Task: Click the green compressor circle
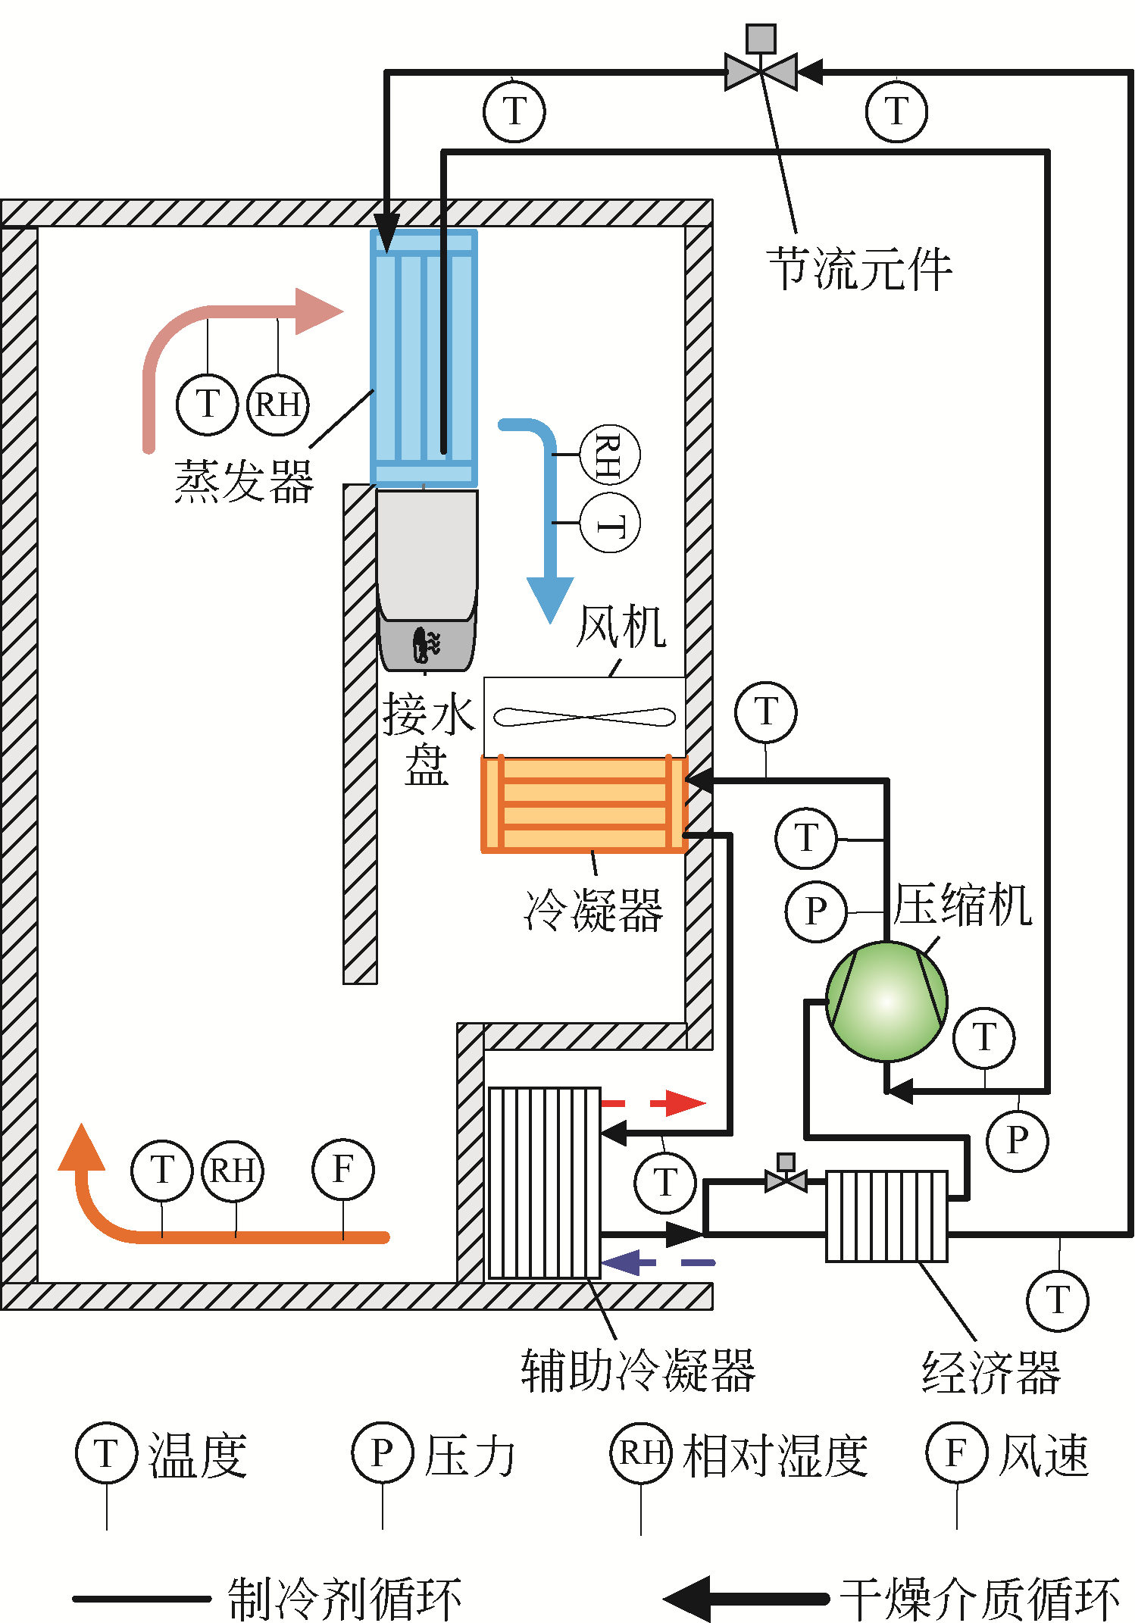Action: tap(886, 1001)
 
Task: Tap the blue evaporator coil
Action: tap(424, 357)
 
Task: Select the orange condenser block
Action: tap(584, 804)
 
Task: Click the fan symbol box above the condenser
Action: tap(584, 716)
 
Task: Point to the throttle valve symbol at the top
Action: tap(761, 70)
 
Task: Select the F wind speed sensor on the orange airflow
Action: tap(343, 1170)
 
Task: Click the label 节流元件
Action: tap(859, 269)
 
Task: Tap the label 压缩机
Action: tap(962, 905)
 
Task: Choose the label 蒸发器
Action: tap(244, 482)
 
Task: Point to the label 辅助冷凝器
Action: tap(638, 1371)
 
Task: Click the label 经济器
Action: tap(991, 1372)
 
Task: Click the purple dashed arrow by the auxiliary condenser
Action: tap(656, 1262)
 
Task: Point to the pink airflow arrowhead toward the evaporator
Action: tap(318, 311)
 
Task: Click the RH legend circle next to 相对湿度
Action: tap(641, 1453)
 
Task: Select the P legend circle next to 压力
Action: tap(383, 1453)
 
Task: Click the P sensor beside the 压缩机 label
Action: tap(816, 912)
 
